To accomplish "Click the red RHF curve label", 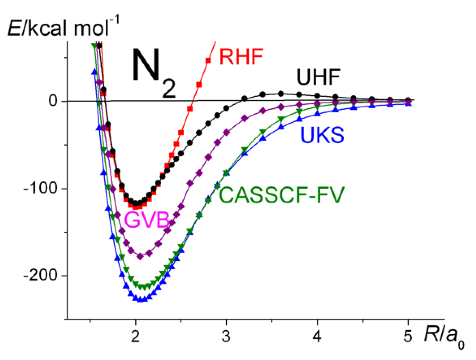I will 241,57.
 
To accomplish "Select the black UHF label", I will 318,77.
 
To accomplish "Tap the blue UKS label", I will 322,135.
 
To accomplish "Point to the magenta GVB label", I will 147,220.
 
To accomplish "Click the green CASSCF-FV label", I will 281,195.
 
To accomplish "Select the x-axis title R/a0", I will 443,336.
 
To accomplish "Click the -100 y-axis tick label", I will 40,188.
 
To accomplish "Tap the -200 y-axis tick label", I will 40,275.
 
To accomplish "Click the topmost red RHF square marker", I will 208,60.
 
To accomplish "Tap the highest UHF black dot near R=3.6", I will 281,94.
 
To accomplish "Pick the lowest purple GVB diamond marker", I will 140,257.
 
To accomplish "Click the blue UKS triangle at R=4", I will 318,113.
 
